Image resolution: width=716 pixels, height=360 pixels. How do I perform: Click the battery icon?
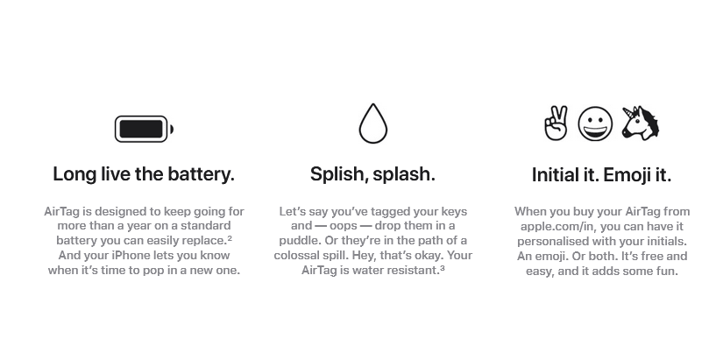(x=144, y=130)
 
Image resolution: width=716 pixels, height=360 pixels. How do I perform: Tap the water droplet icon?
(x=372, y=124)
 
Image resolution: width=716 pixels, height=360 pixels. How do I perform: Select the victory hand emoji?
(x=556, y=124)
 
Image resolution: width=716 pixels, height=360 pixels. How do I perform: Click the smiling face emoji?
(x=595, y=124)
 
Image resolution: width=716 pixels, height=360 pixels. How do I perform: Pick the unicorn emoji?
(x=640, y=124)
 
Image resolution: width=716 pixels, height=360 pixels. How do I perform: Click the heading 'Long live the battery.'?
(x=144, y=174)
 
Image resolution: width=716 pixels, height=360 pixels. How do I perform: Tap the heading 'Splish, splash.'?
(x=372, y=174)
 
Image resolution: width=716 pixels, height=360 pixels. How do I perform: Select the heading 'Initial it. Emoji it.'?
(x=601, y=175)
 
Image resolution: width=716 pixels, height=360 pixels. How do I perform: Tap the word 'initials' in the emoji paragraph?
(x=662, y=241)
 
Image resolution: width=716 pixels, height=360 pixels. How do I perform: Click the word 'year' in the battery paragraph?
(x=136, y=226)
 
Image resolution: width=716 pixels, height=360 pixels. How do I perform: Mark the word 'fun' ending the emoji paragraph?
(x=667, y=271)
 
